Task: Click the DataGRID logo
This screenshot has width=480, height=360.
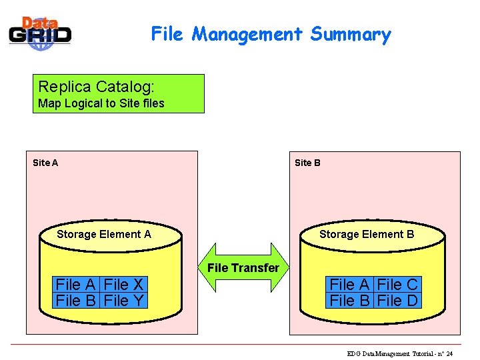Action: (x=40, y=33)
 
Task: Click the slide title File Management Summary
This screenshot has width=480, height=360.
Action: (x=271, y=34)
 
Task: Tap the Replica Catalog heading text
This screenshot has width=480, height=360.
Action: (x=97, y=87)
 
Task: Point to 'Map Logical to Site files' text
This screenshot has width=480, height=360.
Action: (x=101, y=103)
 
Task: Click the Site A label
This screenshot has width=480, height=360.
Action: (x=45, y=163)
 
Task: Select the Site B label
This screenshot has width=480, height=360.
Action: (x=307, y=163)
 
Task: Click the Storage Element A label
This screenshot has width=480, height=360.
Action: (x=104, y=234)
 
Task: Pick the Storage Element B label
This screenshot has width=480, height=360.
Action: (x=367, y=234)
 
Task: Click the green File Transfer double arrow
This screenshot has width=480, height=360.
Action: (x=243, y=267)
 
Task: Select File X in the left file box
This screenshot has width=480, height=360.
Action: (x=125, y=285)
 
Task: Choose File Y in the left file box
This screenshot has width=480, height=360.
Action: (x=125, y=301)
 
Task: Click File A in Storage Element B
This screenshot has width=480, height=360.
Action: (x=351, y=285)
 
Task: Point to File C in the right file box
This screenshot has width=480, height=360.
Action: (x=398, y=285)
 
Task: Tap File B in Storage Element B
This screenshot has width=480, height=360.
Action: (x=351, y=301)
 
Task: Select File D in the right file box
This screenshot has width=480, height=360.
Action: (x=398, y=301)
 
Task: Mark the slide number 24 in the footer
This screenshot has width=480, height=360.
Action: (x=449, y=353)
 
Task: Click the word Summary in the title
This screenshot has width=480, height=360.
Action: (x=351, y=34)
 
